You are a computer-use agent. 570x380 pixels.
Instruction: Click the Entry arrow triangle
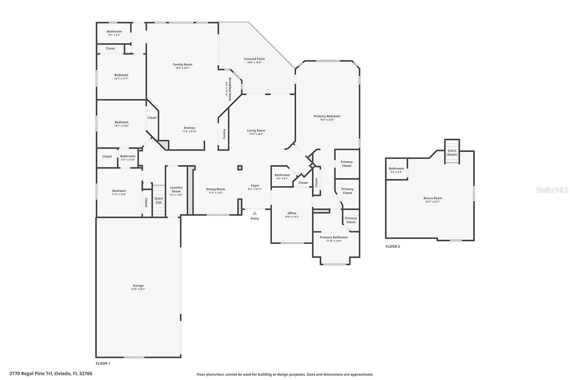(x=254, y=213)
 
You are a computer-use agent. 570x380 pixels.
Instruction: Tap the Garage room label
(x=138, y=286)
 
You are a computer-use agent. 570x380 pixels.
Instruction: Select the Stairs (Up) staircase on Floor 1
(x=159, y=201)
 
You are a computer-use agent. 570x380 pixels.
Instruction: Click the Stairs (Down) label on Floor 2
(x=452, y=152)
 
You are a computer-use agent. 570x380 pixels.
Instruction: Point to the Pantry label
(x=224, y=134)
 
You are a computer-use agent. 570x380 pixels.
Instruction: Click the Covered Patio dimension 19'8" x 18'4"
(x=254, y=63)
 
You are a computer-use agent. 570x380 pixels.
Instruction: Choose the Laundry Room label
(x=176, y=189)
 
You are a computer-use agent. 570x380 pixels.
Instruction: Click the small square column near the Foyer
(x=240, y=168)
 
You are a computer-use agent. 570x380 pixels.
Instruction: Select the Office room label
(x=292, y=213)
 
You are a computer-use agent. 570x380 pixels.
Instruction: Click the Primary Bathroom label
(x=334, y=237)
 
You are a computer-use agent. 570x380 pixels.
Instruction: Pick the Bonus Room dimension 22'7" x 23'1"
(x=432, y=202)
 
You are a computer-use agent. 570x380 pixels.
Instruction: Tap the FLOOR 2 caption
(x=393, y=246)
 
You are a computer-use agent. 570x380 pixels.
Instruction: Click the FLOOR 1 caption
(x=103, y=363)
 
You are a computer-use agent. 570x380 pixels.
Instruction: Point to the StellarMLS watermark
(x=552, y=190)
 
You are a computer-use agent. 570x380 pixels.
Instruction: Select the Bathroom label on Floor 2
(x=396, y=168)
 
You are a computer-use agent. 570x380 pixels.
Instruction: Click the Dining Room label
(x=216, y=189)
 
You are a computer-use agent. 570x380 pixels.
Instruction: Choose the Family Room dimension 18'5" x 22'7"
(x=182, y=68)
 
